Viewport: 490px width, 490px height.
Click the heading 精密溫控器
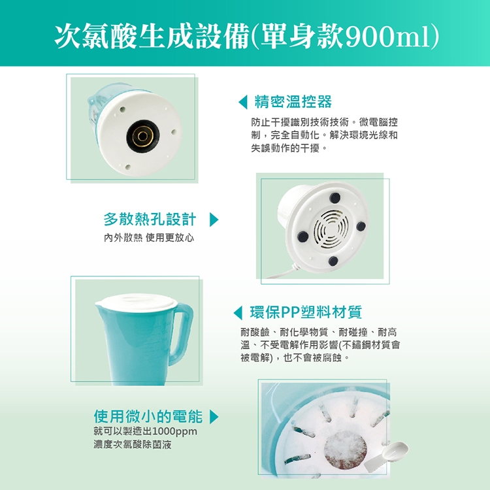pyautogui.click(x=293, y=102)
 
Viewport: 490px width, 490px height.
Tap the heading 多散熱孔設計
pyautogui.click(x=150, y=219)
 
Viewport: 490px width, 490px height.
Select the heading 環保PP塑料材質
pyautogui.click(x=306, y=312)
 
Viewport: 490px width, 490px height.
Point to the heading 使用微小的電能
pyautogui.click(x=148, y=416)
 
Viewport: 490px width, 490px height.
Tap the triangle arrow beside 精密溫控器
pyautogui.click(x=243, y=102)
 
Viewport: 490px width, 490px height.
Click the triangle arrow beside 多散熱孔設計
pyautogui.click(x=214, y=220)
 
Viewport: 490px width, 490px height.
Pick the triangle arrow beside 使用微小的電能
pyautogui.click(x=214, y=417)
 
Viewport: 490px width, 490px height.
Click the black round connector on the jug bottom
pyautogui.click(x=143, y=137)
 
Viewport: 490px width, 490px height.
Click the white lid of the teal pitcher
pyautogui.click(x=136, y=301)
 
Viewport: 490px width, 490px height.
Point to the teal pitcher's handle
pyautogui.click(x=182, y=333)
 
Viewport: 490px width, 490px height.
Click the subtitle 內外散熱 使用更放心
pyautogui.click(x=149, y=238)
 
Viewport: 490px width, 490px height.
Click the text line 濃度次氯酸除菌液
pyautogui.click(x=133, y=444)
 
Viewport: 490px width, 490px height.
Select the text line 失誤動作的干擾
pyautogui.click(x=289, y=148)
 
